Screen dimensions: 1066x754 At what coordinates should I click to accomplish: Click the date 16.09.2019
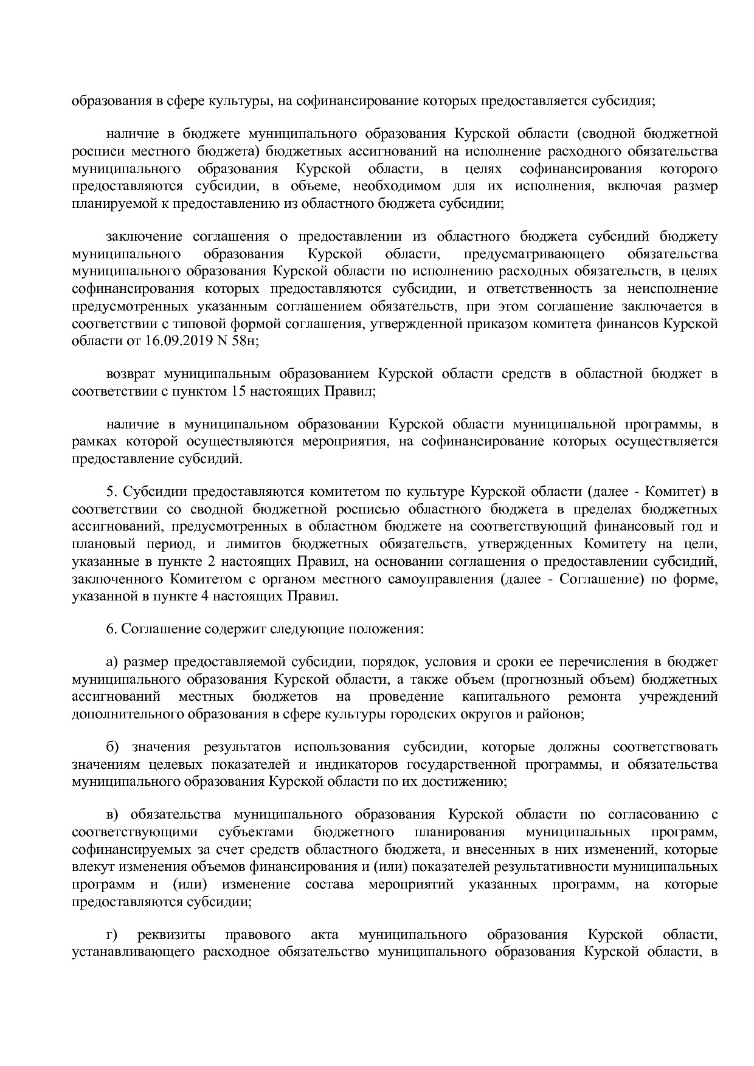click(175, 341)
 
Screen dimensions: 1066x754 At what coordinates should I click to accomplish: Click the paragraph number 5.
click(110, 491)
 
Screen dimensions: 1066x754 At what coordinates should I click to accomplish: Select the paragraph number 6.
click(110, 628)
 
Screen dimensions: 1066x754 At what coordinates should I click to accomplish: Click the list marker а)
click(111, 662)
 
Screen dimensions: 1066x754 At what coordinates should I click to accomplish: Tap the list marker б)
click(112, 746)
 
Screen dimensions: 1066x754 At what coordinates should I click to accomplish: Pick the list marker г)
click(111, 951)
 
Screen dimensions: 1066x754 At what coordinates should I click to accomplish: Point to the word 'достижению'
click(468, 781)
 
